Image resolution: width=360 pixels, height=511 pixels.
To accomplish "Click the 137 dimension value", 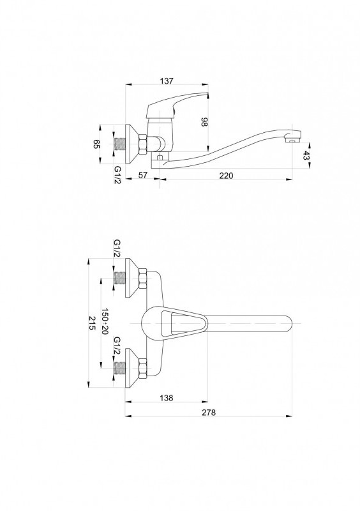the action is click(167, 81).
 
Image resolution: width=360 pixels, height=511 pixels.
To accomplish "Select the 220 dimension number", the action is click(226, 176).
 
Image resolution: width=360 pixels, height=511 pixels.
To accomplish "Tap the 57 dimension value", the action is click(143, 175).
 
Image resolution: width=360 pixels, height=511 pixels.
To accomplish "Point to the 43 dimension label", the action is click(305, 155).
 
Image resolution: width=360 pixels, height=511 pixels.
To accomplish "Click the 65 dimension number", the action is click(96, 144).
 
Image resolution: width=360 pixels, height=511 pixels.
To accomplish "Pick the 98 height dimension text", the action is click(204, 122).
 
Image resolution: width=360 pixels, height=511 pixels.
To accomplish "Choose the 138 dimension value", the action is click(167, 398).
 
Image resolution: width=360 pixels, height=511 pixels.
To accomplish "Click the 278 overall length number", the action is click(209, 413).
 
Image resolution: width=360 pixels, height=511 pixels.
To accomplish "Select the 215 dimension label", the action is click(92, 323).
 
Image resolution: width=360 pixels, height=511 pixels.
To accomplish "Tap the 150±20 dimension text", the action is click(105, 321).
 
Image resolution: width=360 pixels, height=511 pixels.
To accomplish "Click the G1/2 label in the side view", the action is click(117, 174).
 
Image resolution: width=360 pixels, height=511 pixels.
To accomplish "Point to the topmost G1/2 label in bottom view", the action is click(117, 248).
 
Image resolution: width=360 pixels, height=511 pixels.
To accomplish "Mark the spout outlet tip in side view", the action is click(293, 140).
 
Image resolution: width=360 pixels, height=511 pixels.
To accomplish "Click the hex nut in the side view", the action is click(143, 144).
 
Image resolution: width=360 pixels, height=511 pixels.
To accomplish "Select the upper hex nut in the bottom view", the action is click(143, 278).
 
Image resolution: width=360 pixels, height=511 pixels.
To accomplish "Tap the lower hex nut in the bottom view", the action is click(143, 369).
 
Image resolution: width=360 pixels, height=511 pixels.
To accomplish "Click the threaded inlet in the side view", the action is click(119, 144).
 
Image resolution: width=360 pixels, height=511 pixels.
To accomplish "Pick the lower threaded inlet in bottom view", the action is click(119, 369).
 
